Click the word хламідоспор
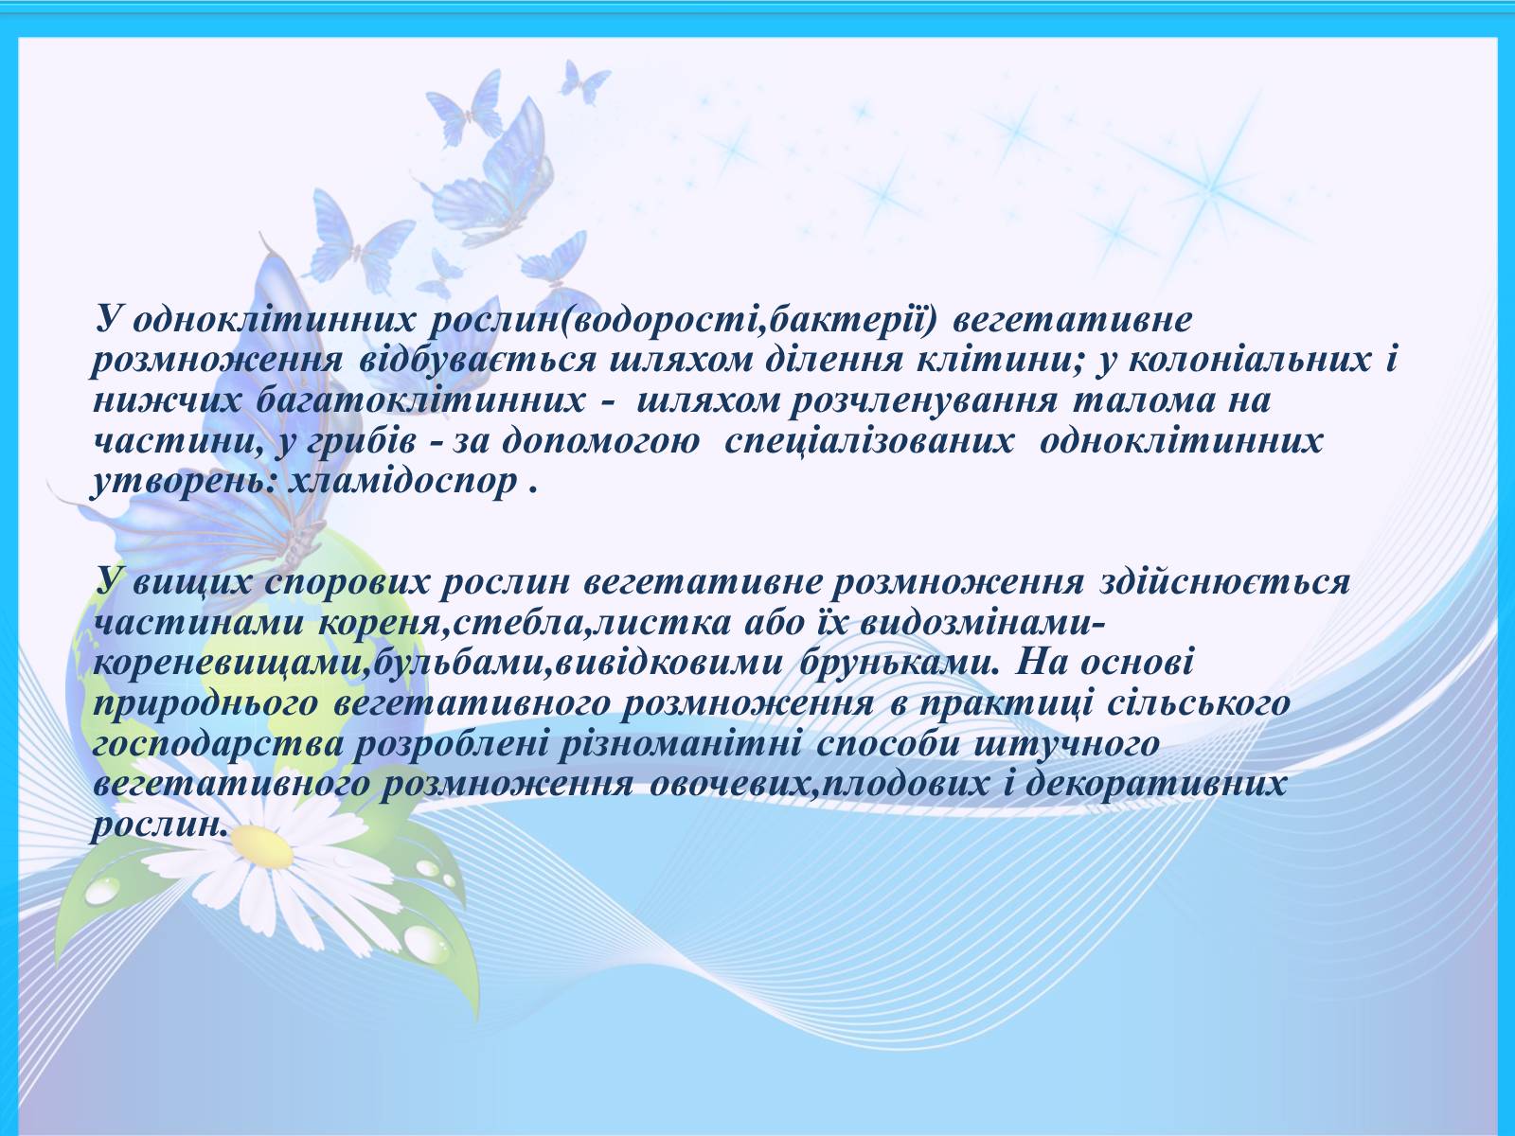(402, 480)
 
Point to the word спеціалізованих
(869, 441)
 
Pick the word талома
(1140, 400)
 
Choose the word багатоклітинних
(420, 400)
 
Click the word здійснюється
(1224, 581)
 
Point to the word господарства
(218, 743)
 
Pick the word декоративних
(1156, 784)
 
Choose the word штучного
(1066, 743)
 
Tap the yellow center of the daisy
(263, 846)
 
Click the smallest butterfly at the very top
(584, 81)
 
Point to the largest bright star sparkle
(1213, 186)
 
